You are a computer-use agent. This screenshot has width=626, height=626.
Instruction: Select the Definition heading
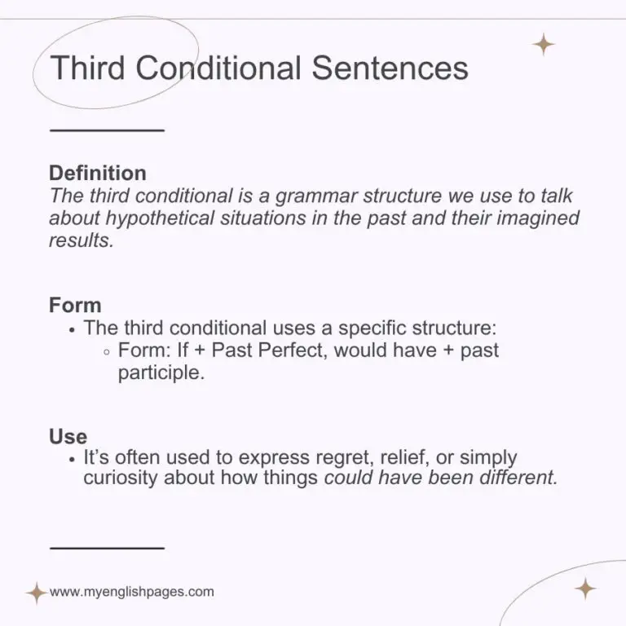[98, 173]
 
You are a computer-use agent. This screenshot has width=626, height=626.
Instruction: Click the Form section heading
[75, 306]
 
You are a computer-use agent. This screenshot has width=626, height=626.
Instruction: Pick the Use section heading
[68, 436]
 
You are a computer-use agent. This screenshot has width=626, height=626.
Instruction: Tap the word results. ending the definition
[82, 241]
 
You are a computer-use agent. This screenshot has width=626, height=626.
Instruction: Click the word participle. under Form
[157, 373]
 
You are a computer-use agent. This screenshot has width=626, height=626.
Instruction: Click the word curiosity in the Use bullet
[121, 478]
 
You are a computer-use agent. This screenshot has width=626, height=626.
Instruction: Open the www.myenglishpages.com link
[132, 592]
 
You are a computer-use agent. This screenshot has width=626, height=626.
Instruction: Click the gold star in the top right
[543, 45]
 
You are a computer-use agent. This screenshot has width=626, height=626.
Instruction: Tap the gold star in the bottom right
[585, 589]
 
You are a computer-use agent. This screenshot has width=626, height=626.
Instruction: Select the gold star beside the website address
[36, 593]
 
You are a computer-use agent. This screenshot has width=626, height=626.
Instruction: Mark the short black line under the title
[107, 130]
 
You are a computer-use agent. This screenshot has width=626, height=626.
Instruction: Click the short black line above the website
[107, 547]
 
